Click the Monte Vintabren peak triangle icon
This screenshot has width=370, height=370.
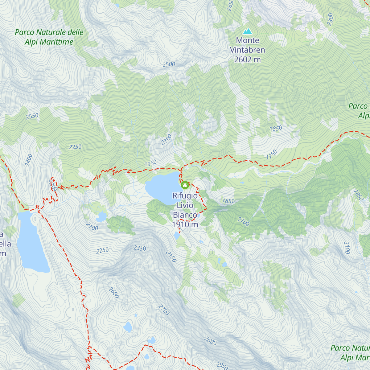click(247, 31)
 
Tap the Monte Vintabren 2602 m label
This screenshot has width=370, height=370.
click(247, 50)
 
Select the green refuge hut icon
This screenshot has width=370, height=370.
click(185, 185)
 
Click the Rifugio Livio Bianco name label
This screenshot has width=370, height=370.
click(185, 205)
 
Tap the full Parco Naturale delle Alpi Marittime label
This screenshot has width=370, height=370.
click(49, 37)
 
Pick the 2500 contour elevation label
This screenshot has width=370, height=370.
click(169, 64)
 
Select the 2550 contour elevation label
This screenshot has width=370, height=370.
click(32, 116)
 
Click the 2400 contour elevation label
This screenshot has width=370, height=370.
click(29, 160)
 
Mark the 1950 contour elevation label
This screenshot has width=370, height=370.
click(150, 163)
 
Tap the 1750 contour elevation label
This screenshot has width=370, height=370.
click(272, 154)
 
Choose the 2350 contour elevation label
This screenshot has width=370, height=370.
click(140, 248)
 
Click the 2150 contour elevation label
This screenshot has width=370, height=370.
click(171, 257)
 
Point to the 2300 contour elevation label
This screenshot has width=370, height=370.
click(330, 19)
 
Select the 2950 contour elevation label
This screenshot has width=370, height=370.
click(222, 366)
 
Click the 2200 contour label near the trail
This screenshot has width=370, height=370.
click(53, 185)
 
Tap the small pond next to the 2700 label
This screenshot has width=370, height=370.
click(101, 217)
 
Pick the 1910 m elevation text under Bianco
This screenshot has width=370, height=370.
click(185, 224)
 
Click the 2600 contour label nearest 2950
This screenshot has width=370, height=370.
click(210, 341)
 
